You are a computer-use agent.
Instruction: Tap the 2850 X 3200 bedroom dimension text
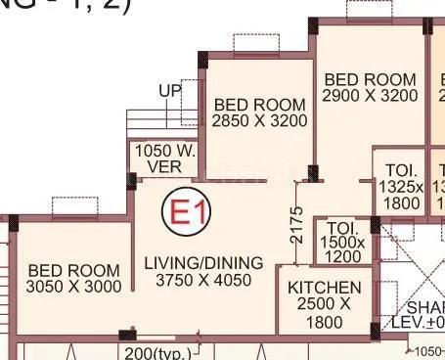click(259, 121)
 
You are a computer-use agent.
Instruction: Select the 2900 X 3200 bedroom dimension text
click(371, 96)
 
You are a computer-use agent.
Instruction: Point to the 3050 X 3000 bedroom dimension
click(74, 287)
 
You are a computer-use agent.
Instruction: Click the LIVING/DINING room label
click(203, 262)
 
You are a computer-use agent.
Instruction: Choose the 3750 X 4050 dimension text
click(203, 280)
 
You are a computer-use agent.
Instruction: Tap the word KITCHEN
click(325, 288)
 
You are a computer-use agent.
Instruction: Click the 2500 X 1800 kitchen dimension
click(325, 313)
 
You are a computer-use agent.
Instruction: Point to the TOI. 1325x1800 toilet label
click(400, 186)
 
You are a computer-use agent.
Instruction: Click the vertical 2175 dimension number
click(297, 225)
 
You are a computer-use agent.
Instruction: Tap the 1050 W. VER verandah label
click(164, 158)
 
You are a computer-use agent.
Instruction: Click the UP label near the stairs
click(170, 91)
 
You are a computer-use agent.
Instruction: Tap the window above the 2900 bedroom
click(369, 10)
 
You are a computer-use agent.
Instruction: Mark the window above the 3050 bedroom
click(73, 206)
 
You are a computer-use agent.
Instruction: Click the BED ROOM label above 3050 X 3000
click(74, 269)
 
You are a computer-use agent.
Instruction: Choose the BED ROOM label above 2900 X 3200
click(371, 79)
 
